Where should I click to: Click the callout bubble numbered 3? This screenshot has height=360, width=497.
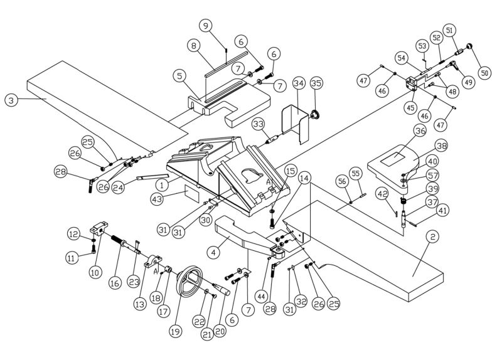[11, 99]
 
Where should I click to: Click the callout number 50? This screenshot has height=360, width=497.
[484, 72]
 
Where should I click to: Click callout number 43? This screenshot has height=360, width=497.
[156, 199]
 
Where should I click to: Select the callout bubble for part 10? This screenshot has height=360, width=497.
[95, 272]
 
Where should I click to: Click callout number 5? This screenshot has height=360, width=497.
[179, 76]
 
